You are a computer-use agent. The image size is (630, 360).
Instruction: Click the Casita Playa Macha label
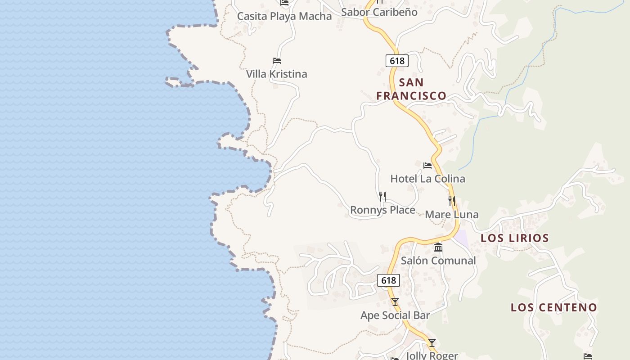coord(284,17)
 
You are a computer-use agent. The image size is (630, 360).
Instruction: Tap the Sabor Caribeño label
coord(379,12)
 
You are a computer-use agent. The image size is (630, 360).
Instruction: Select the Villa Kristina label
coord(276,74)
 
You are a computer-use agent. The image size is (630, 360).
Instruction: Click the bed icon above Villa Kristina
coord(277,61)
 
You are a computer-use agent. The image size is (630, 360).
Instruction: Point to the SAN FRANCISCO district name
coord(411,89)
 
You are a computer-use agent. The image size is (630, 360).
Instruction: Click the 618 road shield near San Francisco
coord(397,60)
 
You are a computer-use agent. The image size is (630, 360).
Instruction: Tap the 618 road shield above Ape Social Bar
coord(388,280)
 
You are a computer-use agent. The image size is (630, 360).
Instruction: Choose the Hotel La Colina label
coord(427,179)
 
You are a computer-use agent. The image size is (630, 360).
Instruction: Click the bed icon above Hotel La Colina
coord(427,166)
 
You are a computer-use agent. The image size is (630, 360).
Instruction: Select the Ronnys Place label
coord(382,210)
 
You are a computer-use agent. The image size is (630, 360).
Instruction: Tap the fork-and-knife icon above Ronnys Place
coord(382,197)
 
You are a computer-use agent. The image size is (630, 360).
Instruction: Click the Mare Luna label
coord(451,215)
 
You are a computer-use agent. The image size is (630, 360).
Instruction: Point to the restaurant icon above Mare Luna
coord(452,201)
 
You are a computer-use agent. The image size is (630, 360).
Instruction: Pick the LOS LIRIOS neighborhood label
coord(515,238)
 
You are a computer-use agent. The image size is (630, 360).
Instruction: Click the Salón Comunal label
coord(438,261)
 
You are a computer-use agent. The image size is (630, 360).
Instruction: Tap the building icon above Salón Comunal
coord(438,247)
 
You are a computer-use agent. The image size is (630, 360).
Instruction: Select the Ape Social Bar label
coord(395,315)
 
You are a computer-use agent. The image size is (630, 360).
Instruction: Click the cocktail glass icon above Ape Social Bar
coord(395,302)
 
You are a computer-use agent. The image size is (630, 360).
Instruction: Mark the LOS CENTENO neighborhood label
coord(553,307)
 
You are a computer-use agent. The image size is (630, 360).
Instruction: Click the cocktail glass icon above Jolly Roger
coord(432,343)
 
